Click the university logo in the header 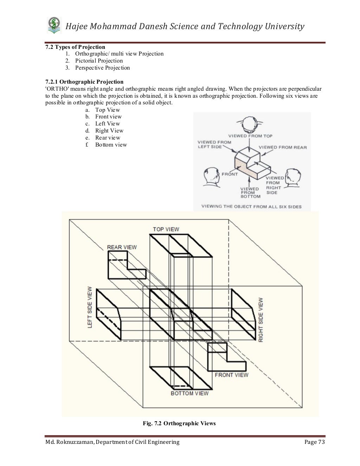(54, 26)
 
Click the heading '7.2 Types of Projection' (75, 47)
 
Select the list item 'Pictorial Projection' (99, 61)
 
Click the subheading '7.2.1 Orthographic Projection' (84, 82)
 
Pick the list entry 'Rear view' (108, 138)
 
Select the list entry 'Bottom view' (111, 145)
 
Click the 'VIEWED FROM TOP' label (250, 136)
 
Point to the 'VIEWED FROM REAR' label (283, 147)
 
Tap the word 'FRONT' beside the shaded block (230, 174)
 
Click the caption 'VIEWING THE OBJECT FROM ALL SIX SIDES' (251, 207)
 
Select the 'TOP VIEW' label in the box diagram (166, 229)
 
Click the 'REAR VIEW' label (122, 247)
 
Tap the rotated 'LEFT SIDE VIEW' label (90, 307)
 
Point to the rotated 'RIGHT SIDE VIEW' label (261, 320)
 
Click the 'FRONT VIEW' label (231, 375)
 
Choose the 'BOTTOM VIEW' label (189, 393)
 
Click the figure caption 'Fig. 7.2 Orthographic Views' (179, 423)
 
